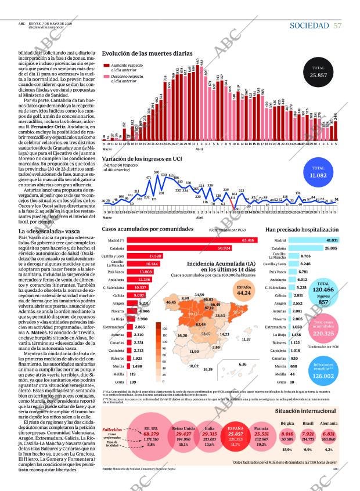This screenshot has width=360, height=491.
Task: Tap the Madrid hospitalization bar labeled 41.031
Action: pos(313,240)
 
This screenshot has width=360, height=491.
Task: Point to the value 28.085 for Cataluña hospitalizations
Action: pos(332,248)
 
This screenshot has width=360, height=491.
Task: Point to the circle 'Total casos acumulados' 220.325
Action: pos(323,328)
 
